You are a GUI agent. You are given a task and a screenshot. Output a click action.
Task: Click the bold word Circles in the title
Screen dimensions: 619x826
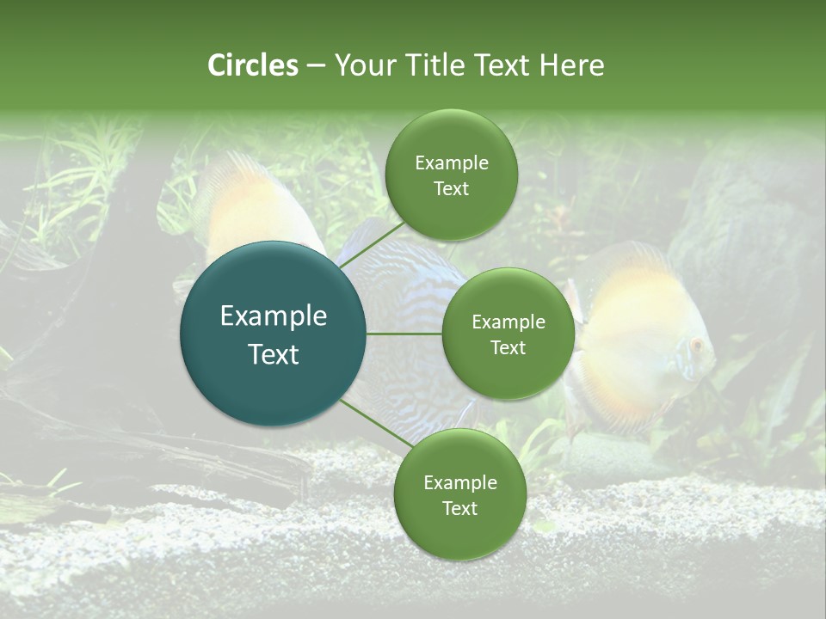pos(252,65)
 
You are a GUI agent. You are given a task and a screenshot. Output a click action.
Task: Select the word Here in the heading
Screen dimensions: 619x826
pos(571,65)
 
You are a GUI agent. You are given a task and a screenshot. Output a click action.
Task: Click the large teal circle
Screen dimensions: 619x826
pos(274,334)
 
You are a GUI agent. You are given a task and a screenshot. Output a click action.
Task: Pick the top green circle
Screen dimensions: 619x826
pos(451,175)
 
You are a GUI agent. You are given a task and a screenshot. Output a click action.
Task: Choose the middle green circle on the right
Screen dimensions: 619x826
pos(509,334)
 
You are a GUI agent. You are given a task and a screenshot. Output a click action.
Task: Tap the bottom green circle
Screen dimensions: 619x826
pos(459,494)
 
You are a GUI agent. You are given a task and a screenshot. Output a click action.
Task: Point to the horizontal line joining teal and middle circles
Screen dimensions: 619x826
pos(404,334)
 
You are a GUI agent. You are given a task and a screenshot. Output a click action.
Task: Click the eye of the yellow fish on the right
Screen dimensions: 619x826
pos(696,346)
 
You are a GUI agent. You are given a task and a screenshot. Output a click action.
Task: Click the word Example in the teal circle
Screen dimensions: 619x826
pos(274,316)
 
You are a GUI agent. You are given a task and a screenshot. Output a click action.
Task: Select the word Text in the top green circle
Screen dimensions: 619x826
pos(451,189)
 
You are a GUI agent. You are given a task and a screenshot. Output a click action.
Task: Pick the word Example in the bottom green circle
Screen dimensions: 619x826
pos(459,482)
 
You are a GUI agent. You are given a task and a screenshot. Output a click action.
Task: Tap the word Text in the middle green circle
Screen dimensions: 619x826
pos(509,348)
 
